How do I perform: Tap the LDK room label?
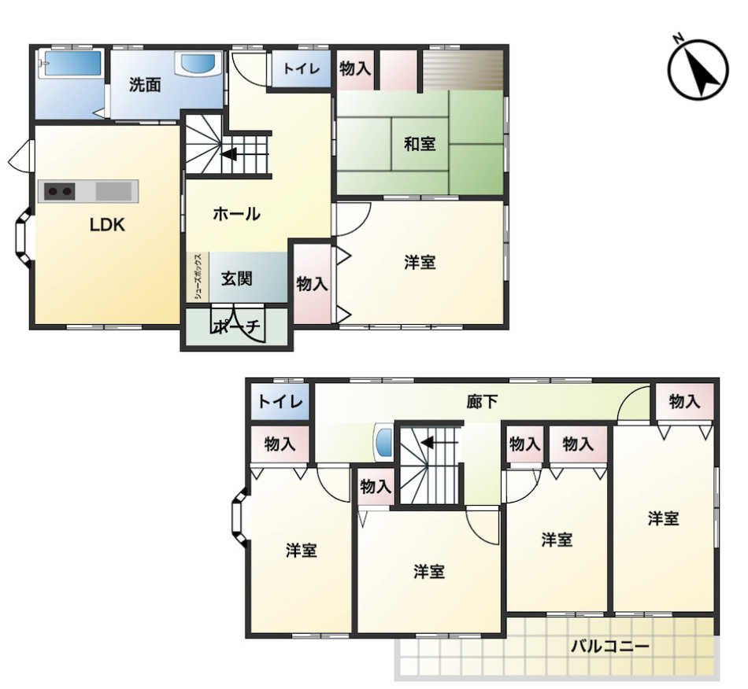coord(107,225)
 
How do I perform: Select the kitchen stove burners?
coord(60,192)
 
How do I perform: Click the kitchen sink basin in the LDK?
coord(113,191)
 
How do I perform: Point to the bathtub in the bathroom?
coord(71,64)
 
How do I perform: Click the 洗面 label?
coord(145,85)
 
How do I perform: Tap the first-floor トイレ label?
coord(301,68)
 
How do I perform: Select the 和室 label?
coord(420,143)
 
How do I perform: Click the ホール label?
coord(236,214)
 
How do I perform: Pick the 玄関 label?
coord(237,278)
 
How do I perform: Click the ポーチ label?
coord(237,326)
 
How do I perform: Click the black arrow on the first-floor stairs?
coord(229,154)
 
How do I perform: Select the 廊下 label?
coord(482,402)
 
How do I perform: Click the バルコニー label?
coord(610,647)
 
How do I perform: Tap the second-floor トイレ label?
coord(280,402)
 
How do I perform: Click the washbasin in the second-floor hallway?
coord(383,442)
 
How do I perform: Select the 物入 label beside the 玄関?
coord(312,284)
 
